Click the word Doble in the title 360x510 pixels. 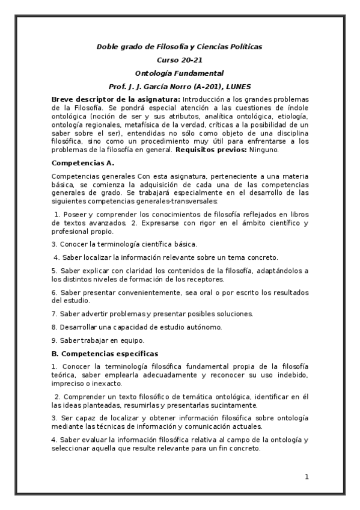coord(108,46)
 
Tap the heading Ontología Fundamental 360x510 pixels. coord(179,73)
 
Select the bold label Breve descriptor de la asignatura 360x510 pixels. coord(115,99)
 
